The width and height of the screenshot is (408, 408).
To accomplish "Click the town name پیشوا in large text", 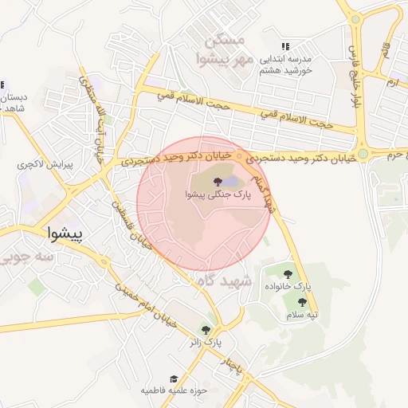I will click(69, 234).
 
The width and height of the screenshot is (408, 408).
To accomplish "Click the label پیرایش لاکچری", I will click(45, 165).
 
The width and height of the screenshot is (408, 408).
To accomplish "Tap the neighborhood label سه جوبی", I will click(27, 258).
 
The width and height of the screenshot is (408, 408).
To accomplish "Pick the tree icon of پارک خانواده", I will click(288, 274).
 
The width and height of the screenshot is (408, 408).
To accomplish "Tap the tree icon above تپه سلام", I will click(302, 302).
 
